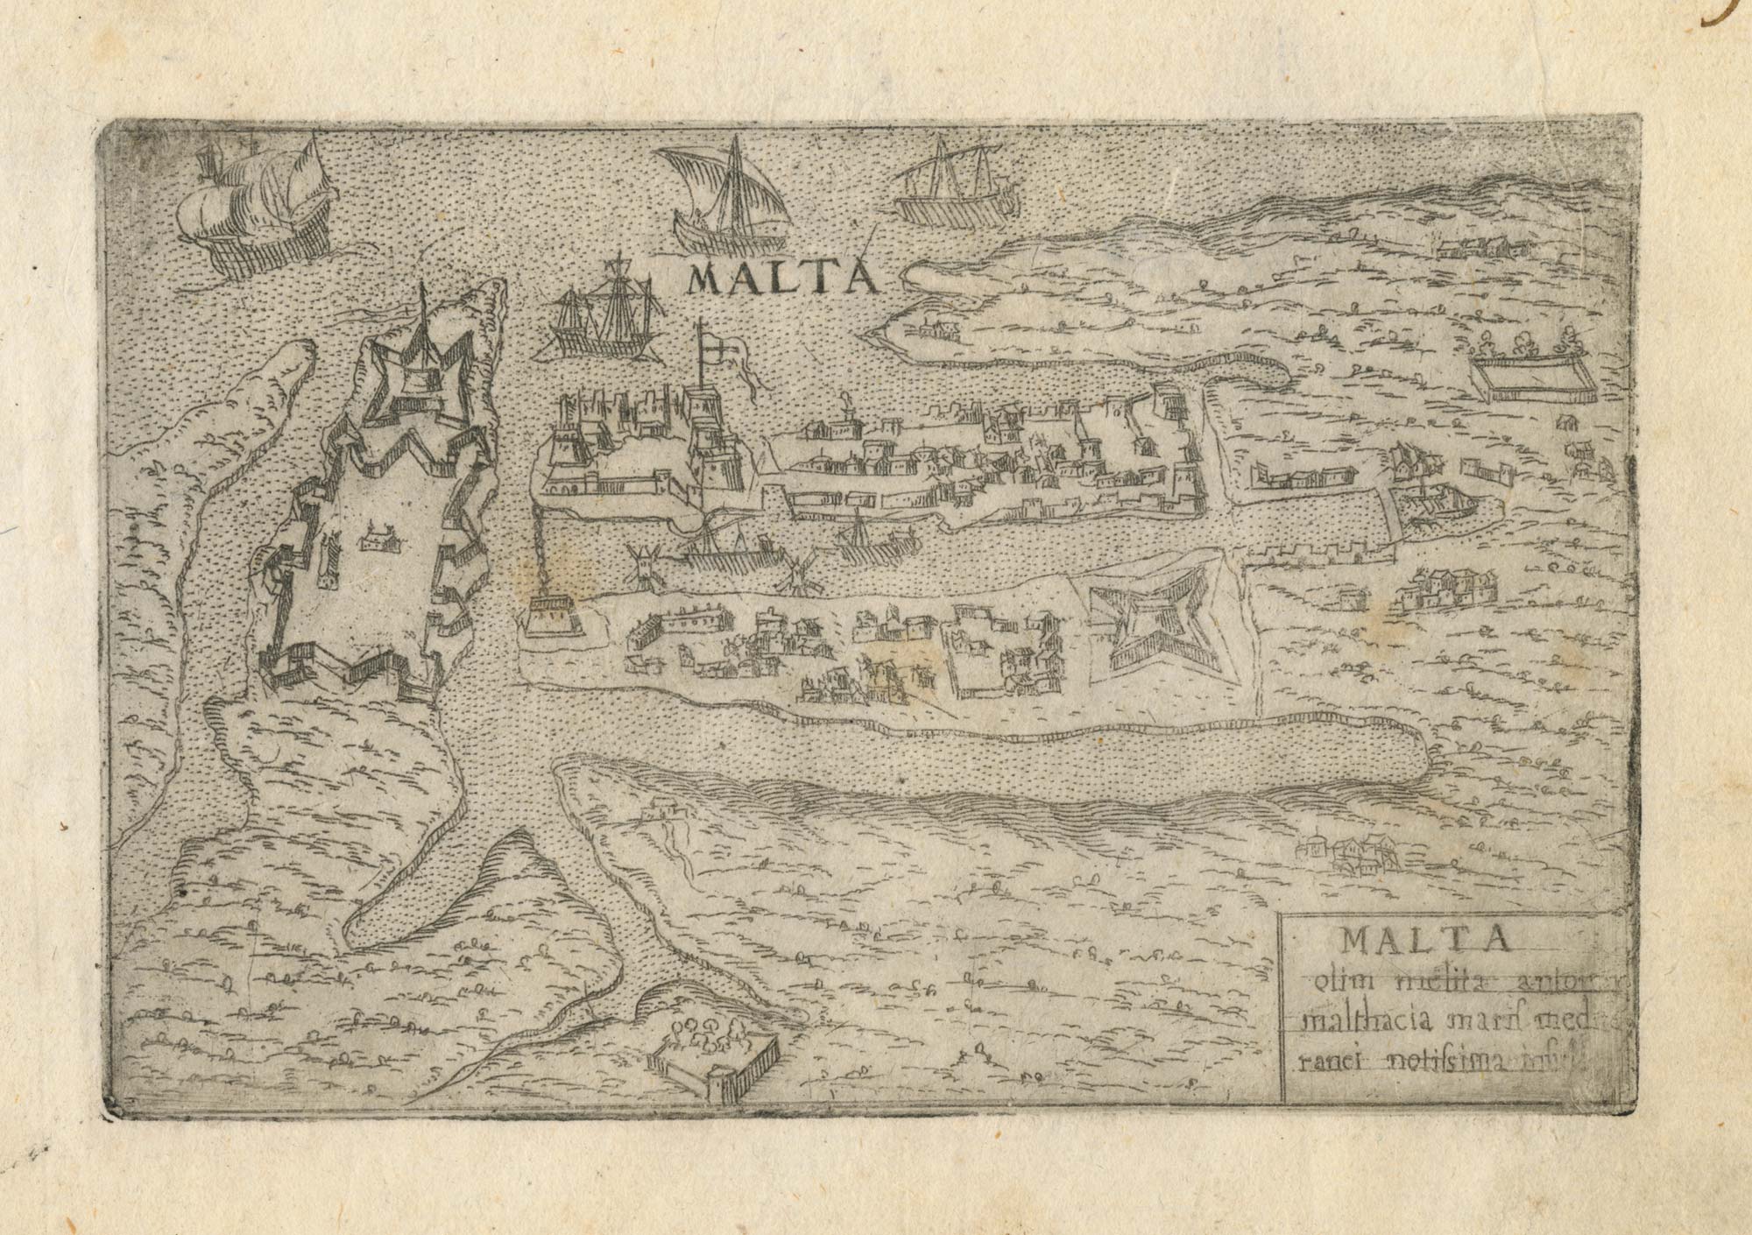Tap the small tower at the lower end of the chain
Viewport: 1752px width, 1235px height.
coord(556,613)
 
